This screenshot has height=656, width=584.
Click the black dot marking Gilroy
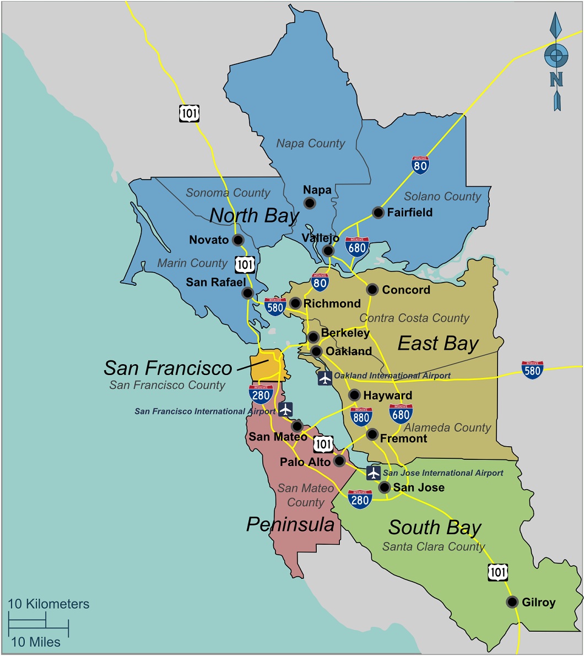click(512, 601)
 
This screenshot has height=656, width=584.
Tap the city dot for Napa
click(310, 203)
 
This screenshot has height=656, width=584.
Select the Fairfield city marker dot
click(378, 213)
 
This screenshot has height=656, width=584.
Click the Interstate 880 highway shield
click(361, 417)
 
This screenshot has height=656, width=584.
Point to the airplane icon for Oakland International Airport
click(325, 378)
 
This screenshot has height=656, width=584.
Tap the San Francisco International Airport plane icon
click(285, 409)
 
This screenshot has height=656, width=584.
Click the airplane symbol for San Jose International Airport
click(374, 473)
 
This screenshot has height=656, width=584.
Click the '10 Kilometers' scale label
click(48, 604)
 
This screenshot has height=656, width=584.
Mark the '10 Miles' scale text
click(36, 642)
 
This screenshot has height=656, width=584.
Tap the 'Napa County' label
click(311, 144)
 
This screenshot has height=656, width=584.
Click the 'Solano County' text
click(442, 197)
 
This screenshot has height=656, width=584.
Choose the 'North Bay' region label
click(254, 215)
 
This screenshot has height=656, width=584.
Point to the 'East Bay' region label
click(438, 344)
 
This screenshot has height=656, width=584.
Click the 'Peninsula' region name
click(290, 524)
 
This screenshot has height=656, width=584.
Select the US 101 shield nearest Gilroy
click(498, 572)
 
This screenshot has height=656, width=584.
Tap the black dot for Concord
click(372, 290)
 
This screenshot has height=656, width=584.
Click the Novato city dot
click(238, 240)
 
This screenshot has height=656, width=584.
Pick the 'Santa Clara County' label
click(434, 546)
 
